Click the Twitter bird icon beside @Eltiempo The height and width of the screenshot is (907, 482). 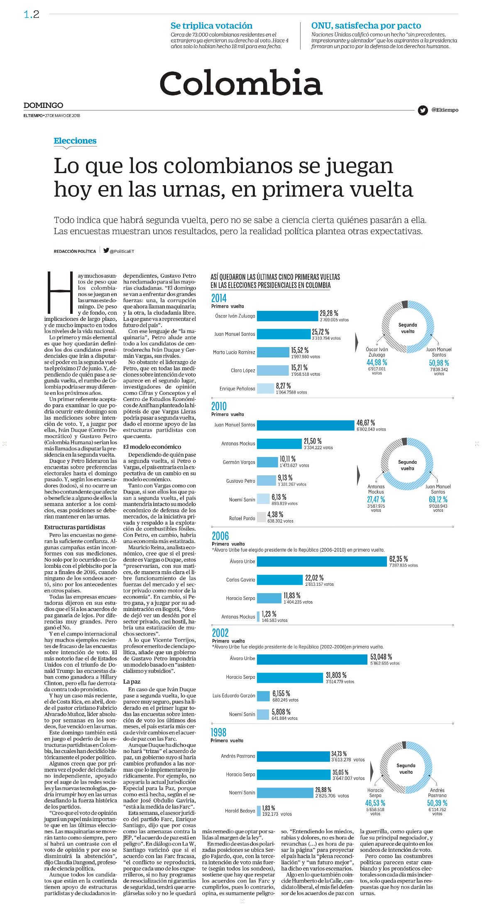tap(423, 110)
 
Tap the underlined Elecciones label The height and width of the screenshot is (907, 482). tap(75, 141)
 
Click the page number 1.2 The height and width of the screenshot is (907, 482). tap(32, 15)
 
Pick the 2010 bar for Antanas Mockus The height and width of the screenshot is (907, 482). tap(279, 443)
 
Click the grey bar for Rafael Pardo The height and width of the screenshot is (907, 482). tap(262, 518)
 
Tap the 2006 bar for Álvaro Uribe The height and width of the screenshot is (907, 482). tap(321, 561)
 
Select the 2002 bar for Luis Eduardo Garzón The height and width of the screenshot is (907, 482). tap(263, 695)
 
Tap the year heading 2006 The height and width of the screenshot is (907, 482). tap(220, 536)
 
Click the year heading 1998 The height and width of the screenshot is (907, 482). tap(219, 732)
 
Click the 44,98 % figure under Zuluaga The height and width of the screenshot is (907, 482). tap(377, 362)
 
